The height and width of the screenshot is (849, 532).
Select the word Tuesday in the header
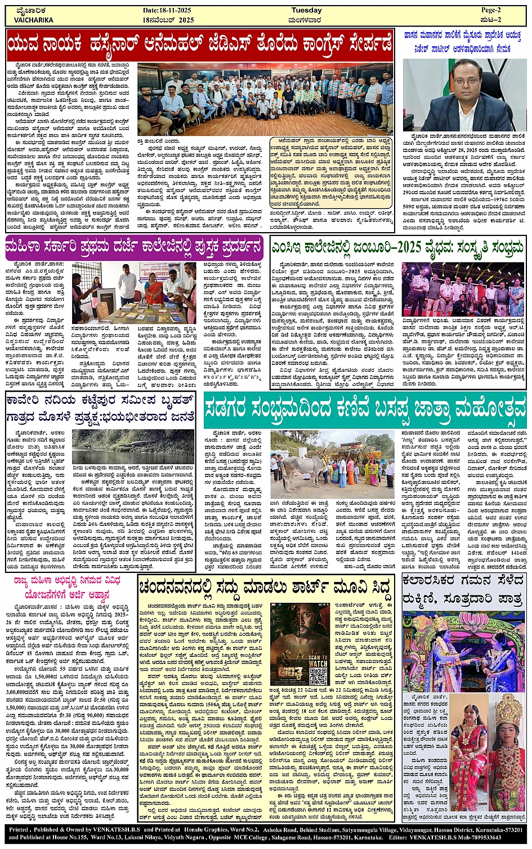[x=307, y=10]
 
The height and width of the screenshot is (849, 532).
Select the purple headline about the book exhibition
[x=134, y=247]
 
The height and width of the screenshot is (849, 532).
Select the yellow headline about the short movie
[x=265, y=588]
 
